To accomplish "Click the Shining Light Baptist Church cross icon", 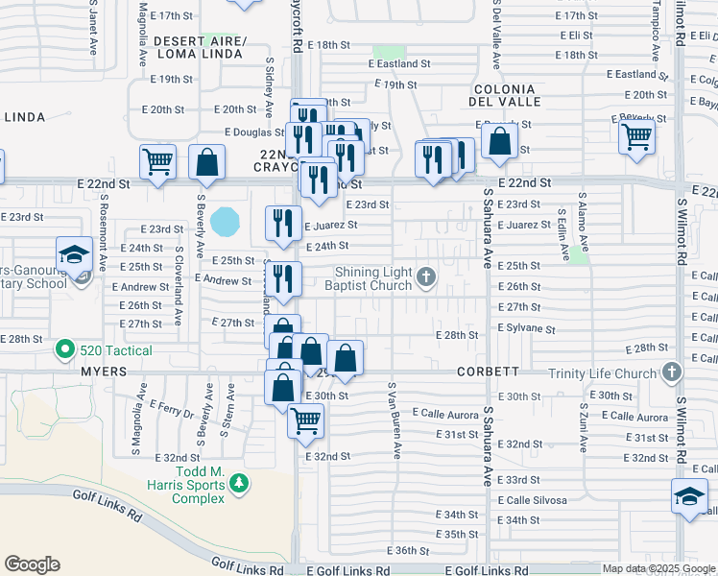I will click(x=427, y=279).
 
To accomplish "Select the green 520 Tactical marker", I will click(x=65, y=350).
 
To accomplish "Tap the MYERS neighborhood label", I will click(x=104, y=371).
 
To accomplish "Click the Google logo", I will click(x=32, y=564).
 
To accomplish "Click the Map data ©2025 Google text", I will click(x=658, y=568).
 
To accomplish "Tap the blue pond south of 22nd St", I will click(x=227, y=224).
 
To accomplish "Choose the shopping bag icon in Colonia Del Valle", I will click(x=500, y=142).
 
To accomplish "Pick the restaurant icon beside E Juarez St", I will click(x=282, y=223).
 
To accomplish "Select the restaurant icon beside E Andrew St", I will click(x=284, y=278).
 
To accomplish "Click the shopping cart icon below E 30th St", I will click(x=305, y=420).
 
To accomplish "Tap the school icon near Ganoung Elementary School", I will click(x=74, y=254).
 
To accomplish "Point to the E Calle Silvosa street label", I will click(x=532, y=500).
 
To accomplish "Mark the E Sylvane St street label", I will click(x=526, y=327).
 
